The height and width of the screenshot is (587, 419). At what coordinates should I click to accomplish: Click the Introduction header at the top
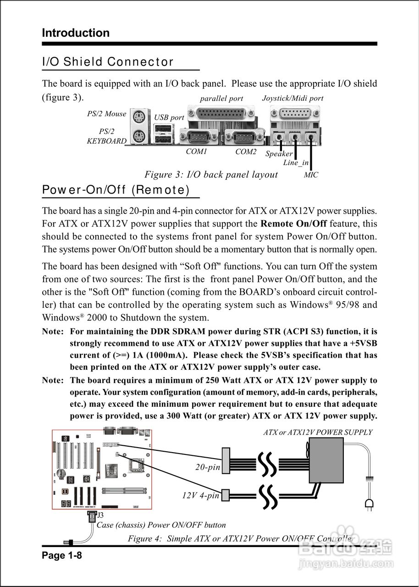(76, 33)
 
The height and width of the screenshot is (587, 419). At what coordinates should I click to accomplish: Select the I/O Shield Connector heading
(108, 62)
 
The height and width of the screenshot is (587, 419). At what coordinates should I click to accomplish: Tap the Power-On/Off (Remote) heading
(116, 190)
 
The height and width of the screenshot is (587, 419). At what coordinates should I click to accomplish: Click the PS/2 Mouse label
(106, 114)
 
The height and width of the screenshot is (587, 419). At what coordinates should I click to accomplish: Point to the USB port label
(169, 117)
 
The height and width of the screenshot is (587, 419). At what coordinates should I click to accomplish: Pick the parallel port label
(221, 99)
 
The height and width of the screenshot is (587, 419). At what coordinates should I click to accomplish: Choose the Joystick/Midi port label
(292, 98)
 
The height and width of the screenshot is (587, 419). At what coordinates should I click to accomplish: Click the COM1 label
(197, 151)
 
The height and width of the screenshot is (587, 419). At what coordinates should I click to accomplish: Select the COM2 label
(246, 151)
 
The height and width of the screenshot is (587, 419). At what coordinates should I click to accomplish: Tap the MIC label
(311, 175)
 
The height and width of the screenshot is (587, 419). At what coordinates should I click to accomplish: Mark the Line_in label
(296, 163)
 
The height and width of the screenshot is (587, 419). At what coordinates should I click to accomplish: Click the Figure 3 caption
(211, 175)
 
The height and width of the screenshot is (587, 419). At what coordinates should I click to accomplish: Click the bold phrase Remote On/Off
(293, 224)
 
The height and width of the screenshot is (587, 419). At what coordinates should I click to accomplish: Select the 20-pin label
(208, 467)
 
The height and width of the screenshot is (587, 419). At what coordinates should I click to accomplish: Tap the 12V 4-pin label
(201, 495)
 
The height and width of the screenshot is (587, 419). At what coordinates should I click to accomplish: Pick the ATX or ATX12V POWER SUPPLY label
(318, 432)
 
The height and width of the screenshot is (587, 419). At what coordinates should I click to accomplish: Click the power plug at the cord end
(368, 504)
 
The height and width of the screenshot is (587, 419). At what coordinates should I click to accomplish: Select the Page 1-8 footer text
(62, 556)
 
